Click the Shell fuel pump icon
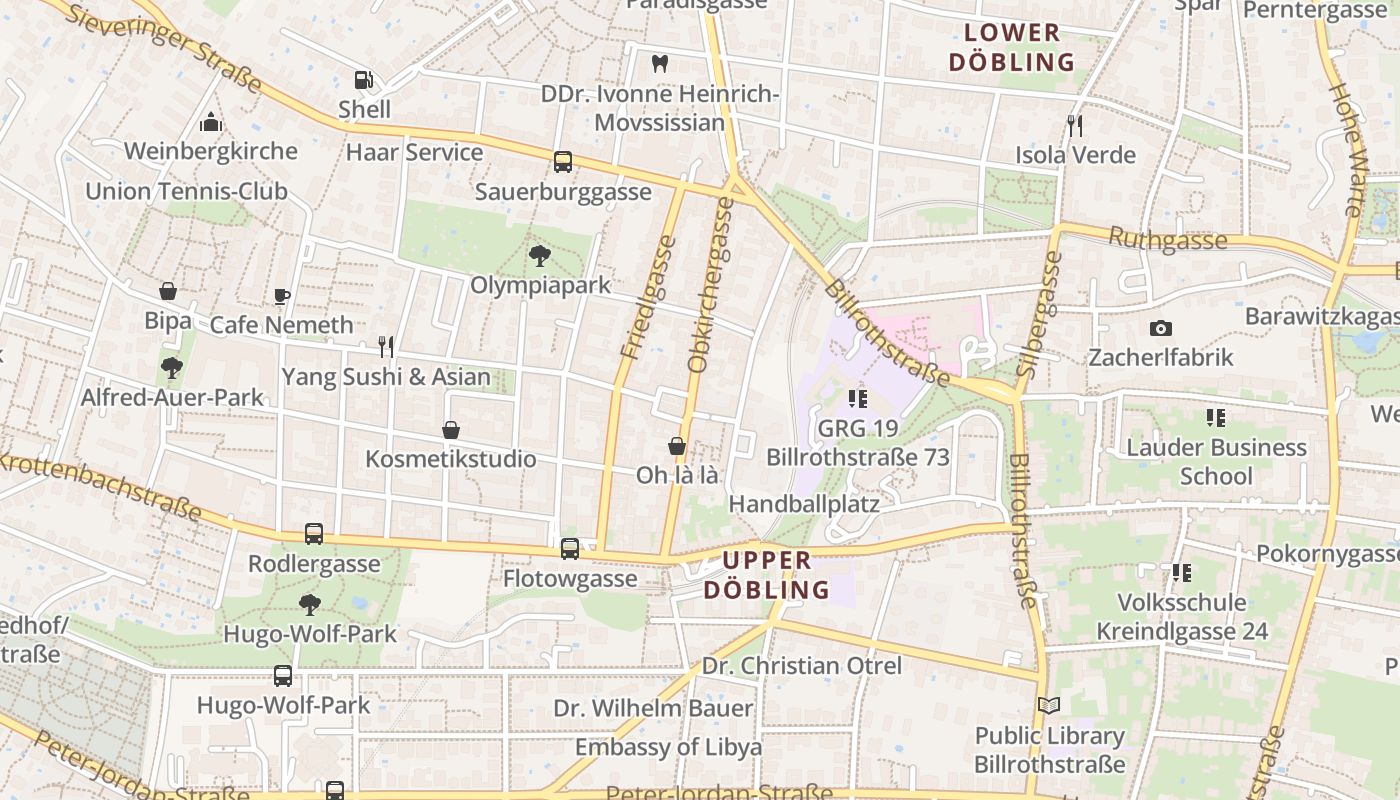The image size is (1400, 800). pos(364,80)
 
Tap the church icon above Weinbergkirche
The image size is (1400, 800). pos(211,123)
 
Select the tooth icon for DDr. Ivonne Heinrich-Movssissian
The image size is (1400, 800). pos(659,63)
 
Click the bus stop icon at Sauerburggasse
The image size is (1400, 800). pos(563,162)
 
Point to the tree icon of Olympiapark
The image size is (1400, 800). pos(540,256)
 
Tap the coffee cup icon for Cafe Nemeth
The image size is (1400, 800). pos(282,296)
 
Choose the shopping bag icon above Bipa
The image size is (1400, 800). pos(168,292)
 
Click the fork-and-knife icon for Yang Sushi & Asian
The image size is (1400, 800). pos(386,347)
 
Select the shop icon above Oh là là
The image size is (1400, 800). pos(677,446)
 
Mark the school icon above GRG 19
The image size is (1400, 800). pos(857,399)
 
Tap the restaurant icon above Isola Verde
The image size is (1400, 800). pos(1075,125)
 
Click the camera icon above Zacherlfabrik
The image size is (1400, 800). pos(1160,328)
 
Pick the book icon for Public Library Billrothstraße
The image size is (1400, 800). pos(1049,706)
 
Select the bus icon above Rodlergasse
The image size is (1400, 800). pos(314,534)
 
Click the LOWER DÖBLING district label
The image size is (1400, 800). pos(1011,47)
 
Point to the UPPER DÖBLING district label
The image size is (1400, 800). pos(767,575)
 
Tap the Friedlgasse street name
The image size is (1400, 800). pos(648,297)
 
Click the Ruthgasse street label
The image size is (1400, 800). pos(1168,240)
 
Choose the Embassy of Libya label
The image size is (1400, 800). pos(668,747)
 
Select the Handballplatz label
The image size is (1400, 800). pos(804,503)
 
